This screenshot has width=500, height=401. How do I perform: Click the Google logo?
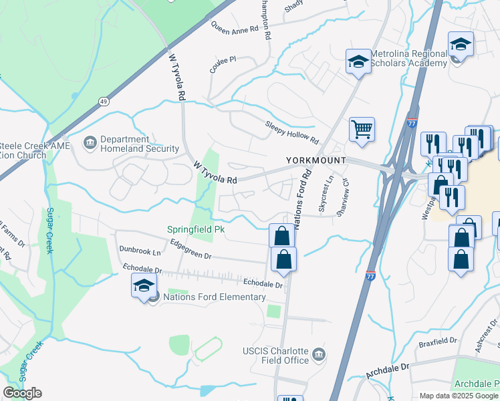(22, 393)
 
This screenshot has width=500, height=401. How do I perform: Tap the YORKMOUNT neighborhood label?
(316, 160)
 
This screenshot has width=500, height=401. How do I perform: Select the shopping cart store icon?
(362, 128)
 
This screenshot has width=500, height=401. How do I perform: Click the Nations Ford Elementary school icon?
(144, 285)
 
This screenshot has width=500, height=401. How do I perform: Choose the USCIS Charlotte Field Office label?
(275, 356)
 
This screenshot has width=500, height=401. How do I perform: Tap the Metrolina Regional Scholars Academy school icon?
(358, 61)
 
